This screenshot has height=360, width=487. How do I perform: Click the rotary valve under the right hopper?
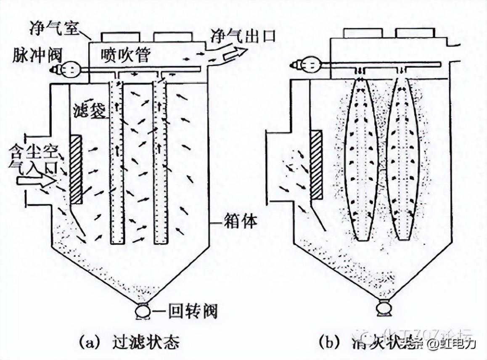pos(384,309)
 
